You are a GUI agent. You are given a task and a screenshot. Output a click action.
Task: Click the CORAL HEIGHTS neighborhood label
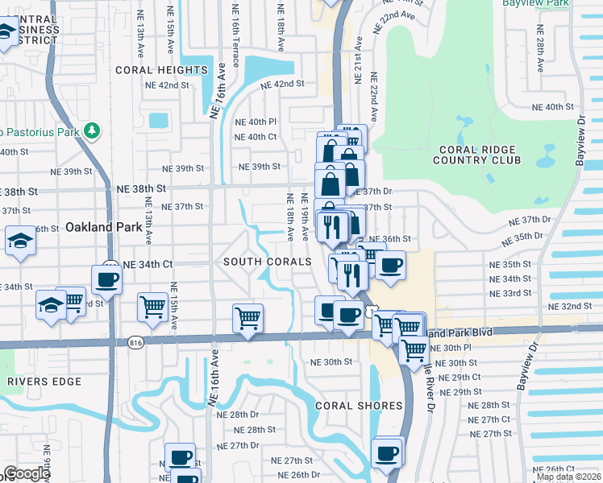(161, 70)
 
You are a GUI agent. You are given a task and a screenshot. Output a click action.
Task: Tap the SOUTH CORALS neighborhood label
(267, 262)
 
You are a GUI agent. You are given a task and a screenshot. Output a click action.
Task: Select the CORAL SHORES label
(359, 406)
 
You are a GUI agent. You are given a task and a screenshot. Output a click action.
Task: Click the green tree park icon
(93, 130)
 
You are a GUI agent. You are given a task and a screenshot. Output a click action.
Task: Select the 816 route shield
(135, 342)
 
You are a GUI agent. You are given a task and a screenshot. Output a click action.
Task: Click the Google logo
(27, 473)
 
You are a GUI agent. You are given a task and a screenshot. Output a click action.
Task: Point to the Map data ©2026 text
(568, 477)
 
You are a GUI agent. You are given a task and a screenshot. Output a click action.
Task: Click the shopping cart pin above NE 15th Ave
(152, 306)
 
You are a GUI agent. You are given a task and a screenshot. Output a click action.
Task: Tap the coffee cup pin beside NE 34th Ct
(106, 279)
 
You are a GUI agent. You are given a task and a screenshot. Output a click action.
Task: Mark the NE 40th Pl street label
(255, 122)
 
